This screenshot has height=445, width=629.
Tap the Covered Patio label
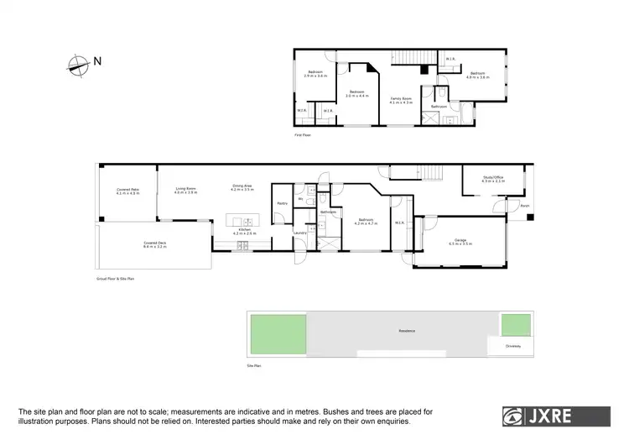point(127,192)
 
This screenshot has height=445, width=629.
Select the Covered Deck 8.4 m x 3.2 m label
point(155,246)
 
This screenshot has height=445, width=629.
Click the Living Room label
point(185,191)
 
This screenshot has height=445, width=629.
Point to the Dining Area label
point(242,189)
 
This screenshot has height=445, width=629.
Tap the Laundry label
point(299,233)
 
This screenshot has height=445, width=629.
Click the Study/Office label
point(493,179)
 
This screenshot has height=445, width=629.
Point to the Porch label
point(525,206)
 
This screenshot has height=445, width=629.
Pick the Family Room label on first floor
point(402,100)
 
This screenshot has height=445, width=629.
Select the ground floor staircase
point(429,173)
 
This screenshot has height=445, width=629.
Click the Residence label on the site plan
point(407,332)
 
